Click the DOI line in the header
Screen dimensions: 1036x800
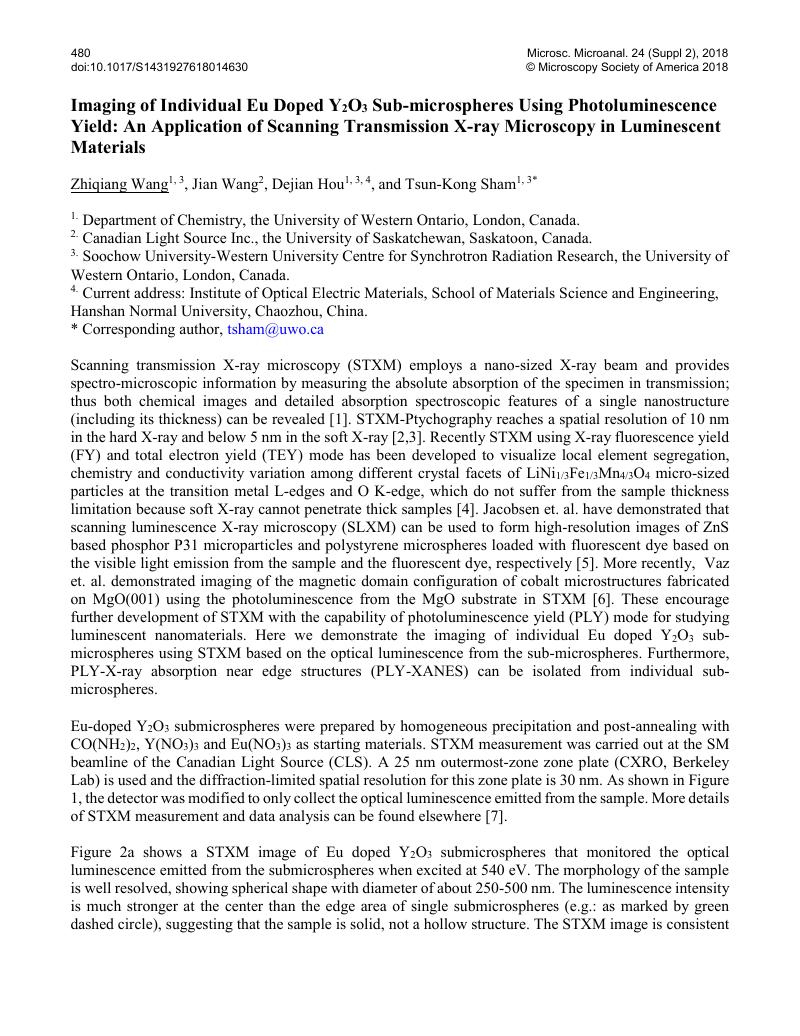point(159,67)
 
